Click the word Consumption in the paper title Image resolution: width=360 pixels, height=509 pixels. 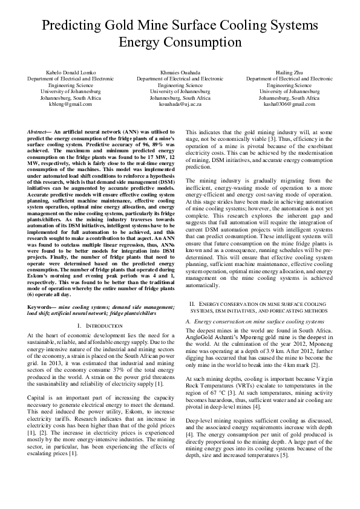[202, 42]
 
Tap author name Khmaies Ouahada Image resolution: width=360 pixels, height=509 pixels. [180, 72]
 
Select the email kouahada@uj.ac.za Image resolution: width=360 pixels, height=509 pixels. [180, 104]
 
